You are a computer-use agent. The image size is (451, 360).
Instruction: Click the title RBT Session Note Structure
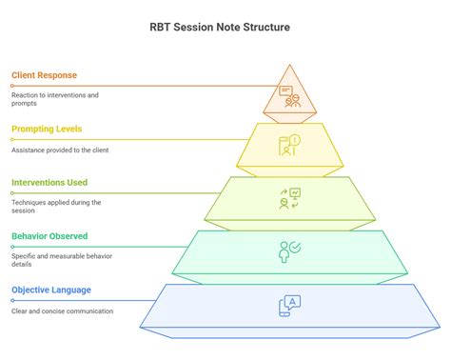[x=225, y=27]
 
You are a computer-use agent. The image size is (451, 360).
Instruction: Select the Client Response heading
[x=45, y=74]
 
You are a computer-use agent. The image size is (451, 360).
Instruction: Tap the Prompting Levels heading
[x=47, y=129]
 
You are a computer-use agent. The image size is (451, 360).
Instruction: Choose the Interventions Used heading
[x=50, y=182]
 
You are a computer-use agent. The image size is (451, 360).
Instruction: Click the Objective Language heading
[x=50, y=290]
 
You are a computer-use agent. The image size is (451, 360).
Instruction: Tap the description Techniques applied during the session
[x=56, y=207]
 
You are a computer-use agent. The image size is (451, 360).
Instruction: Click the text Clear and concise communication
[x=62, y=311]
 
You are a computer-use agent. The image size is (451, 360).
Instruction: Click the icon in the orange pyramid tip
[x=289, y=95]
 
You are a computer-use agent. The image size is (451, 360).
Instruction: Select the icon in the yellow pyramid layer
[x=289, y=145]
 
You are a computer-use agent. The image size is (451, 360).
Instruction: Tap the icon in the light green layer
[x=289, y=198]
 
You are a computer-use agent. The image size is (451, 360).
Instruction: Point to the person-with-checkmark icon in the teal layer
[x=289, y=251]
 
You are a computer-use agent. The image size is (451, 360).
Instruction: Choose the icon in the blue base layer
[x=289, y=306]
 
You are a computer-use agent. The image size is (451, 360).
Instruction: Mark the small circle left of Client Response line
[x=12, y=85]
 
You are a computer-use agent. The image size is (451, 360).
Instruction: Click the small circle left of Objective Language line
[x=12, y=300]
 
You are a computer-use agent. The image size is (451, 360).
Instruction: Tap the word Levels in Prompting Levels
[x=68, y=129]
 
